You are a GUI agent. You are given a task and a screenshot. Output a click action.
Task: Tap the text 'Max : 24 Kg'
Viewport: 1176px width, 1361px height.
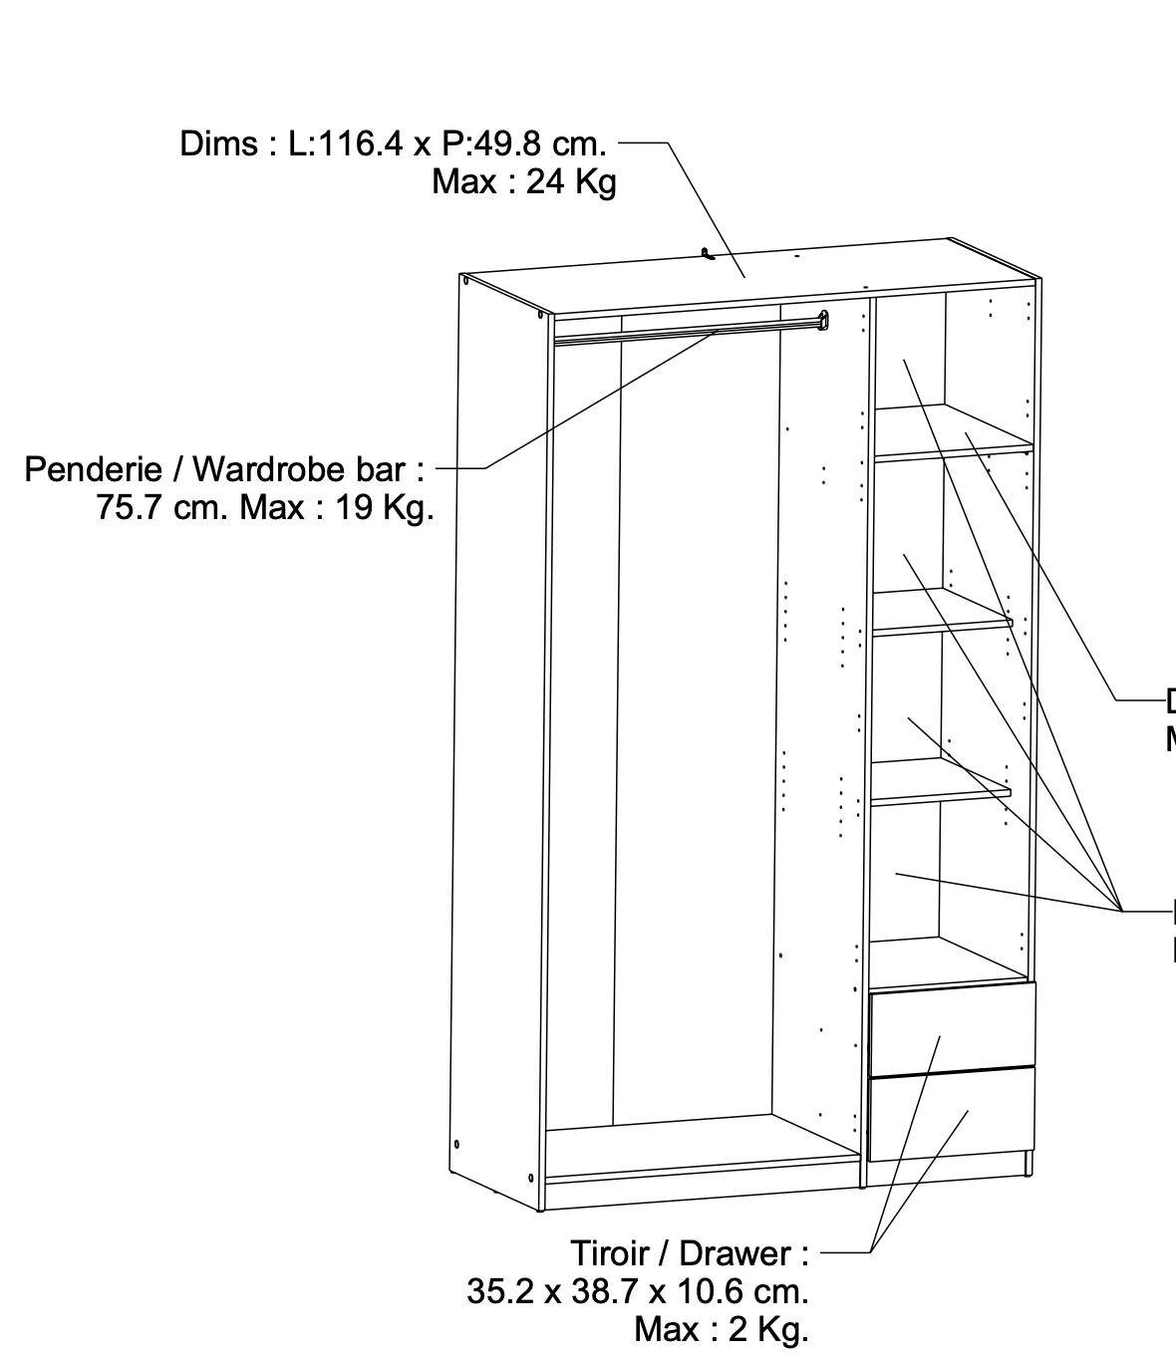click(x=524, y=183)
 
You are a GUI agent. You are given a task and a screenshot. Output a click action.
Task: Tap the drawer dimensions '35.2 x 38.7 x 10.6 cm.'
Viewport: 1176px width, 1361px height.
click(x=638, y=1292)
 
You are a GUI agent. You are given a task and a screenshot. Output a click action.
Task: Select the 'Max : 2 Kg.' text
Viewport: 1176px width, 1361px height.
click(x=721, y=1330)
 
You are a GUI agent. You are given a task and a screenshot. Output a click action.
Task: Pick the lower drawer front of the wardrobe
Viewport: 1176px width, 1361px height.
click(x=952, y=1113)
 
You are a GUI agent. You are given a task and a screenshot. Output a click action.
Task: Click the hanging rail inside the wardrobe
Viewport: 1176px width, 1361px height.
click(x=688, y=331)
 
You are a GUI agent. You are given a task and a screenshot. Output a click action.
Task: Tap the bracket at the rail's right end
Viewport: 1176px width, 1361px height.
click(x=823, y=320)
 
